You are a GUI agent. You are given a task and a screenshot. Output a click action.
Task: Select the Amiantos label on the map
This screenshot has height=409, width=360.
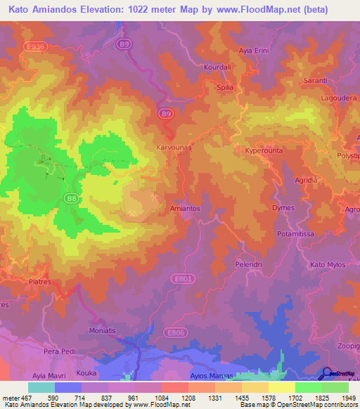pos(186,209)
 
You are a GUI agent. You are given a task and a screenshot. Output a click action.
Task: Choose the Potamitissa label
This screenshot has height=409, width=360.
pos(298,233)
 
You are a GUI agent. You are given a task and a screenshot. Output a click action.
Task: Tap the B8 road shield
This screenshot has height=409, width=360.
pos(71,200)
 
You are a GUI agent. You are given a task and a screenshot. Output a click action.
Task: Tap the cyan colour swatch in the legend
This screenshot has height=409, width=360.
pos(41,387)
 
